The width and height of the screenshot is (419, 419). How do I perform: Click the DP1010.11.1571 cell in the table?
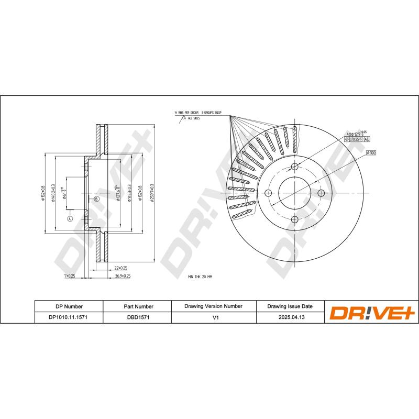tap(69, 317)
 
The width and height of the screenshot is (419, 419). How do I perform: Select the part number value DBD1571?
tap(138, 317)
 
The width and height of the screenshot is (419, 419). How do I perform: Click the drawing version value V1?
tap(213, 317)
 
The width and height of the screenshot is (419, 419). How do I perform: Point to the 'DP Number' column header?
tap(69, 306)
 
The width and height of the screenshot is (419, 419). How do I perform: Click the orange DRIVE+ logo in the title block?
tap(371, 312)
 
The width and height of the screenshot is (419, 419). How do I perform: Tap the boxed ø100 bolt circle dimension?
tap(371, 152)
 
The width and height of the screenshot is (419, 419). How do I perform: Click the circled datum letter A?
tap(69, 219)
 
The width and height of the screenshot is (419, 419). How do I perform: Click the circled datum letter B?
tap(96, 199)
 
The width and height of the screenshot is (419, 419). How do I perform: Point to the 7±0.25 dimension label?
tap(70, 275)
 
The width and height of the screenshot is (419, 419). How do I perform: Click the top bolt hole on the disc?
tap(294, 167)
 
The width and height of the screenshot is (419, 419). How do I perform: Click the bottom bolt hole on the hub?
tap(294, 219)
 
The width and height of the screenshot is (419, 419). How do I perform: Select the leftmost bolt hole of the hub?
tap(268, 193)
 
